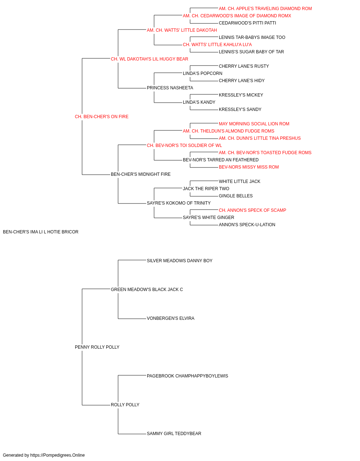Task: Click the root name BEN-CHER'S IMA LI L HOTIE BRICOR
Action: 40,232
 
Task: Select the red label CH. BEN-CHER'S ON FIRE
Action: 102,117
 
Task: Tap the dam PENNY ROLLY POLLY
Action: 97,347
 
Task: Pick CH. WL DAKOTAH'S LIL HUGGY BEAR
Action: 149,59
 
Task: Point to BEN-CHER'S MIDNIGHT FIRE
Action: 140,174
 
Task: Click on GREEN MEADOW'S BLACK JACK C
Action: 147,290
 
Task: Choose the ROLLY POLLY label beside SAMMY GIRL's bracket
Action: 125,405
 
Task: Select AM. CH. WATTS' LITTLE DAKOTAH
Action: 182,30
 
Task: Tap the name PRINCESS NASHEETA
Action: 170,88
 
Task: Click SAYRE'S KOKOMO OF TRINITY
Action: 179,203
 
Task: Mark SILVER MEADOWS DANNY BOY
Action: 180,261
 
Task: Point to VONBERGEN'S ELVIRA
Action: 170,318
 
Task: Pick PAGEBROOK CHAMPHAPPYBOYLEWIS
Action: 188,376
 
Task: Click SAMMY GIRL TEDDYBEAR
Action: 174,434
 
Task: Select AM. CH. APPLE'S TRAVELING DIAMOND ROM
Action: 265,9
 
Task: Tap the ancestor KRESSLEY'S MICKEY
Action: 241,95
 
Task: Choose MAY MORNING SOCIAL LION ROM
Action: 254,124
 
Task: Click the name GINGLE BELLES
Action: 236,196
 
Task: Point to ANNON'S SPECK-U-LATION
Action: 247,225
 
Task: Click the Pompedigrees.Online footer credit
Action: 44,455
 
